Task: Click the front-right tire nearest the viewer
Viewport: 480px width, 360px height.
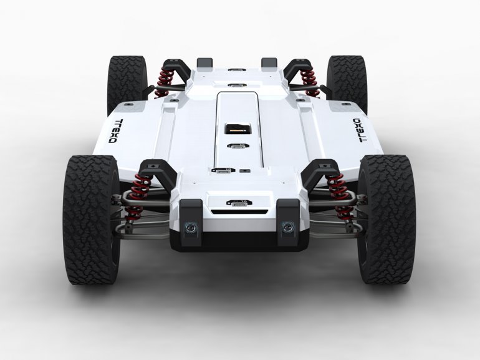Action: point(386,219)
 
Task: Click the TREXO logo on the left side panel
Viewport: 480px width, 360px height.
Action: point(116,131)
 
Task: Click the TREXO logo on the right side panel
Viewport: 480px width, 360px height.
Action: point(360,130)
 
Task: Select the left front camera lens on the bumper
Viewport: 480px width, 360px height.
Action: point(190,227)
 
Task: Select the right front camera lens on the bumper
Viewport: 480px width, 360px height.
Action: point(287,227)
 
